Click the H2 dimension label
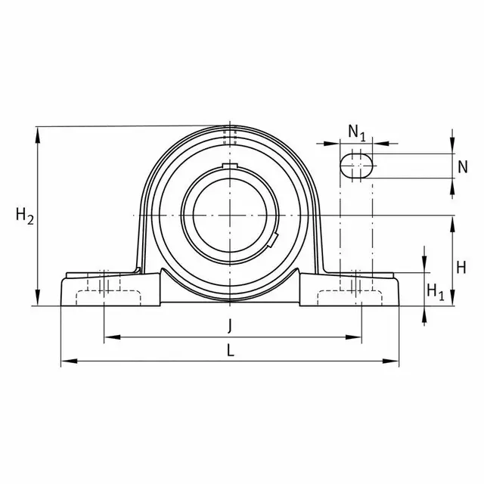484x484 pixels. [25, 217]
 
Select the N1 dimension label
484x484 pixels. [357, 132]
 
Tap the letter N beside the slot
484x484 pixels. [462, 166]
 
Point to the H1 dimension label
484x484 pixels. [436, 290]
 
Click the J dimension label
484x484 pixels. [230, 326]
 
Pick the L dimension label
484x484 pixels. [230, 350]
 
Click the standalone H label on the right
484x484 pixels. [463, 266]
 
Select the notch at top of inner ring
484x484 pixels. [230, 166]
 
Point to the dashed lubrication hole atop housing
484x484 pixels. [230, 137]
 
